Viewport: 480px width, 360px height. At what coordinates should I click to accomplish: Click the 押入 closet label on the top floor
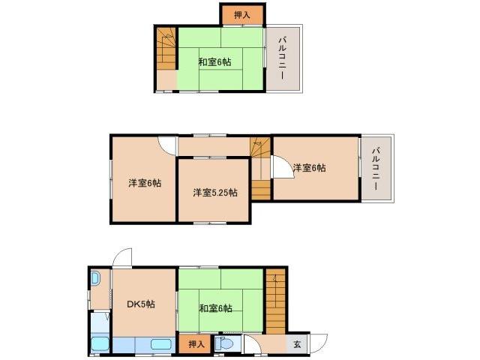pyautogui.click(x=241, y=13)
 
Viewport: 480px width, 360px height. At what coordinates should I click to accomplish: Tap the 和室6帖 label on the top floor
pyautogui.click(x=214, y=61)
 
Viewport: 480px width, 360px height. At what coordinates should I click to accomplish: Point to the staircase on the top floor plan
pyautogui.click(x=166, y=48)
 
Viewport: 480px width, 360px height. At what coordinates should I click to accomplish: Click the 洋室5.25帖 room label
pyautogui.click(x=215, y=193)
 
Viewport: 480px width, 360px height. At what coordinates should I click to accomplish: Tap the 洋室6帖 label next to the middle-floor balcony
pyautogui.click(x=309, y=168)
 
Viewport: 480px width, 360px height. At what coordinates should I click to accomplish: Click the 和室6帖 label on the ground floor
pyautogui.click(x=215, y=308)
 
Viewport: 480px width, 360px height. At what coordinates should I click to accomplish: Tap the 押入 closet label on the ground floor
pyautogui.click(x=195, y=344)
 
